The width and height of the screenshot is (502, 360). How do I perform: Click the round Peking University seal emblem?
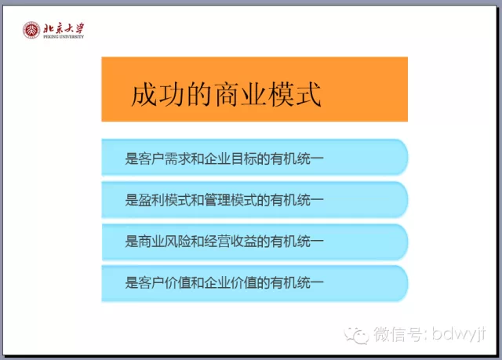click(31, 31)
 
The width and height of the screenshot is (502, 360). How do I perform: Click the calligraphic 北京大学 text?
click(64, 28)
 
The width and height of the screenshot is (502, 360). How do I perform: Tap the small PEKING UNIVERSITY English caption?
click(64, 37)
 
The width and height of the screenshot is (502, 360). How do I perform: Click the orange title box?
click(254, 89)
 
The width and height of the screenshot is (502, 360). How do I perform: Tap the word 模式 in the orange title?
click(295, 94)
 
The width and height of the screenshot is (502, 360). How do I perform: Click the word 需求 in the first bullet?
click(178, 158)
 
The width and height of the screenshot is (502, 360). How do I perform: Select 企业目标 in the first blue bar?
click(231, 158)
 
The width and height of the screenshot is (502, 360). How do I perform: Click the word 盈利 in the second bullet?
click(151, 200)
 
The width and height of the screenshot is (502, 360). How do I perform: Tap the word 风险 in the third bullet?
click(178, 242)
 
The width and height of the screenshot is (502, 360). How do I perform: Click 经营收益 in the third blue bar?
click(231, 242)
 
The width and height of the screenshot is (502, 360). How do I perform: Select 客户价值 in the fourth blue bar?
click(165, 282)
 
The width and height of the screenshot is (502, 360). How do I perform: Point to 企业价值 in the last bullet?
click(231, 282)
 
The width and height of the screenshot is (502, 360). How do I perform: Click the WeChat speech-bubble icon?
click(356, 336)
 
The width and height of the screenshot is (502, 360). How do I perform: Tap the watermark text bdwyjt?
click(459, 334)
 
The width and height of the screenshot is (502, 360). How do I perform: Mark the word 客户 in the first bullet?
click(151, 158)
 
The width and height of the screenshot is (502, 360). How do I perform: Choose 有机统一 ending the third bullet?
click(296, 242)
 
